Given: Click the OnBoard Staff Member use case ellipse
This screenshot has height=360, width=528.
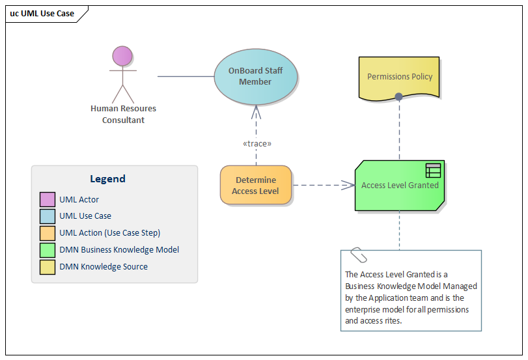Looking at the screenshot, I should [x=256, y=76].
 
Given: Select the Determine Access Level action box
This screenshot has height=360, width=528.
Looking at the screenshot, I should [x=256, y=185].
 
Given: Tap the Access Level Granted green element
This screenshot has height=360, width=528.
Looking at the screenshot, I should [x=400, y=186].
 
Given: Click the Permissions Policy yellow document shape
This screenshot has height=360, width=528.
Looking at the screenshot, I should [x=400, y=77].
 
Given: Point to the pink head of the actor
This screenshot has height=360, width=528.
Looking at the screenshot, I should [x=122, y=56].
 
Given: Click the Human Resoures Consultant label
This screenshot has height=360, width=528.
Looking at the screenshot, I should [x=123, y=114].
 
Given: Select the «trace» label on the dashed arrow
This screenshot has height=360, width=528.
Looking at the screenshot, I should [x=256, y=143].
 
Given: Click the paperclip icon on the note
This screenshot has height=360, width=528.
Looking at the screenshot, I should [x=358, y=254].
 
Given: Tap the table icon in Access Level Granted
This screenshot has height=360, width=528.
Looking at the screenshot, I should [x=433, y=171].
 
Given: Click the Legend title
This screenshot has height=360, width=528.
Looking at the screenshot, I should [x=107, y=178].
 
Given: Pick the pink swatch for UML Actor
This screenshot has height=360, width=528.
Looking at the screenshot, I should [x=47, y=199].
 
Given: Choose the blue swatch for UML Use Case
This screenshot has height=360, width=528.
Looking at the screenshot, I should [x=47, y=216].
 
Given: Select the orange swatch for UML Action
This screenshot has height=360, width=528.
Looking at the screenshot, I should [x=47, y=233].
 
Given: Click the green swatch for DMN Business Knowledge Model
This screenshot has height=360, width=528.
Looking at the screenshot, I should [x=47, y=250].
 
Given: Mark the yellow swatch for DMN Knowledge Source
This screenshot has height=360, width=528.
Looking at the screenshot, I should [x=47, y=267].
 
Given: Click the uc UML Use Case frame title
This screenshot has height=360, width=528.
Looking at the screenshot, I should [x=42, y=13].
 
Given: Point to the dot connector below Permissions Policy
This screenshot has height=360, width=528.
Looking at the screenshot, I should [x=398, y=97].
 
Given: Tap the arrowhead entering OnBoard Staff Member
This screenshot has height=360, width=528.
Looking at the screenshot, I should [x=256, y=110].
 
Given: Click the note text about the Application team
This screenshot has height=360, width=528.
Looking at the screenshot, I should [x=411, y=298].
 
